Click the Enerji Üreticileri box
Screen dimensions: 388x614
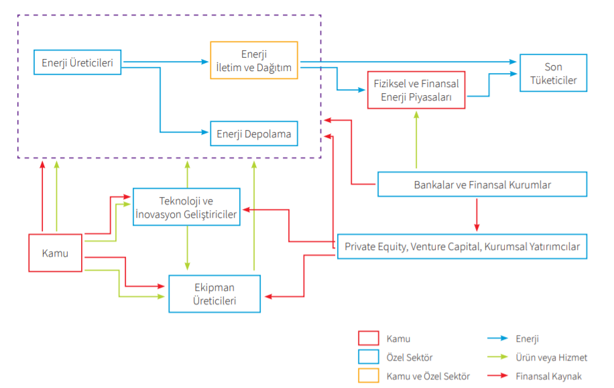coord(77,63)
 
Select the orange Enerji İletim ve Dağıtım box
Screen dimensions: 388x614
coord(254,60)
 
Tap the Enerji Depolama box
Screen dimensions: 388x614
coord(254,133)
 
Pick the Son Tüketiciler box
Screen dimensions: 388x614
coord(553,74)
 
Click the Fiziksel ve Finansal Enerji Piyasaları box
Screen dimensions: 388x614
coord(416,90)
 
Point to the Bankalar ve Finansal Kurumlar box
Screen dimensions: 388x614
coord(482,184)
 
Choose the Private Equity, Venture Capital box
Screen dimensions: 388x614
coord(462,246)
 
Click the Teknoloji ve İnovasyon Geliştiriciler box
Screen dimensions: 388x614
coord(186,208)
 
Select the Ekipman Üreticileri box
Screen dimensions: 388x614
coord(214,294)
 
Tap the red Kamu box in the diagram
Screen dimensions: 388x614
coord(55,253)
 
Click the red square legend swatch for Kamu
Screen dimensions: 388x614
coord(369,339)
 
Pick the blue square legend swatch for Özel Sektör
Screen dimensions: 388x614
coord(369,358)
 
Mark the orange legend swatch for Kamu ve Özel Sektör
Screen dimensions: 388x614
coord(369,376)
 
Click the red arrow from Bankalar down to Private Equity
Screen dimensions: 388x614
coord(477,214)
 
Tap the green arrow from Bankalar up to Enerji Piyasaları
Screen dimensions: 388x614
coord(416,141)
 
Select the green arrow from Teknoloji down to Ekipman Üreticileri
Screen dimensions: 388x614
coord(187,248)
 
